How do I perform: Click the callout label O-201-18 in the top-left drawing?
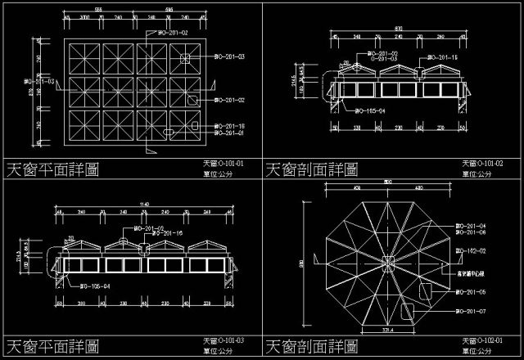pos(229,125)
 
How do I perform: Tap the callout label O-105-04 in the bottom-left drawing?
pos(94,286)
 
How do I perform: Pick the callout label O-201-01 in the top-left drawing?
pos(229,133)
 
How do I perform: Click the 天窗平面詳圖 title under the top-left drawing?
pos(52,169)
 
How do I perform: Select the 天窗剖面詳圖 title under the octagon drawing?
pos(311,345)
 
